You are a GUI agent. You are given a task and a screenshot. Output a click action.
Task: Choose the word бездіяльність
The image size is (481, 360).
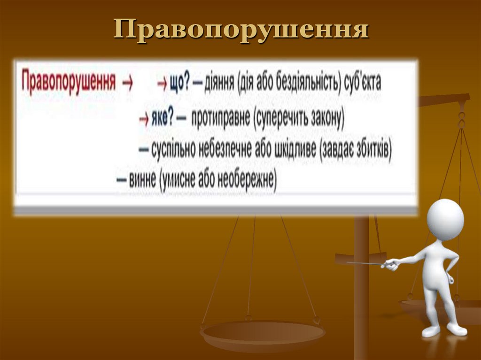pos(306,84)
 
